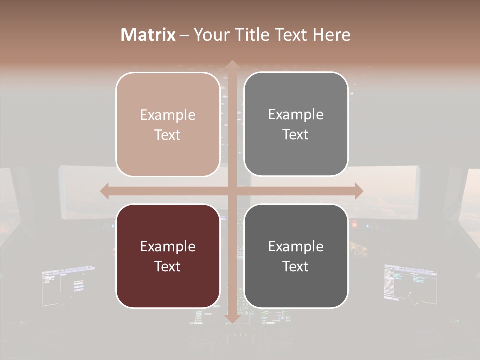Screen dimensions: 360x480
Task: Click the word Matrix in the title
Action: click(148, 35)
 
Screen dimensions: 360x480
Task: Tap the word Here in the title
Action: click(332, 35)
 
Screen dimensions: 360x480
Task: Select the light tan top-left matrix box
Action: click(168, 124)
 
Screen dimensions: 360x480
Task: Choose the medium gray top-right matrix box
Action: click(296, 124)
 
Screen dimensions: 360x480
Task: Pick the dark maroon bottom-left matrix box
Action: click(168, 256)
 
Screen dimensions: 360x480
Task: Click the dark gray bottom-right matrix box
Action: click(296, 256)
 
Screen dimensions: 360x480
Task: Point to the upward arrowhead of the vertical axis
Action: click(232, 65)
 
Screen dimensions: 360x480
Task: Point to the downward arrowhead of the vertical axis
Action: click(232, 318)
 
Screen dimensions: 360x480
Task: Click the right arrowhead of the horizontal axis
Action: click(358, 191)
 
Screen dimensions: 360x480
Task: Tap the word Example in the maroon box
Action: click(168, 246)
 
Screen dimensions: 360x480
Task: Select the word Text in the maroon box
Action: click(168, 266)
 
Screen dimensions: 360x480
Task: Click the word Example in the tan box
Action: click(168, 115)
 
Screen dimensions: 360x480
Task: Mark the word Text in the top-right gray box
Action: click(296, 134)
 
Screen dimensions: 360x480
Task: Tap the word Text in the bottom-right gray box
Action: click(296, 266)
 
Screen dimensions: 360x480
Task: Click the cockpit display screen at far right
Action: click(410, 282)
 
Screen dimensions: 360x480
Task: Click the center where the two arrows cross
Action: click(232, 191)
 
